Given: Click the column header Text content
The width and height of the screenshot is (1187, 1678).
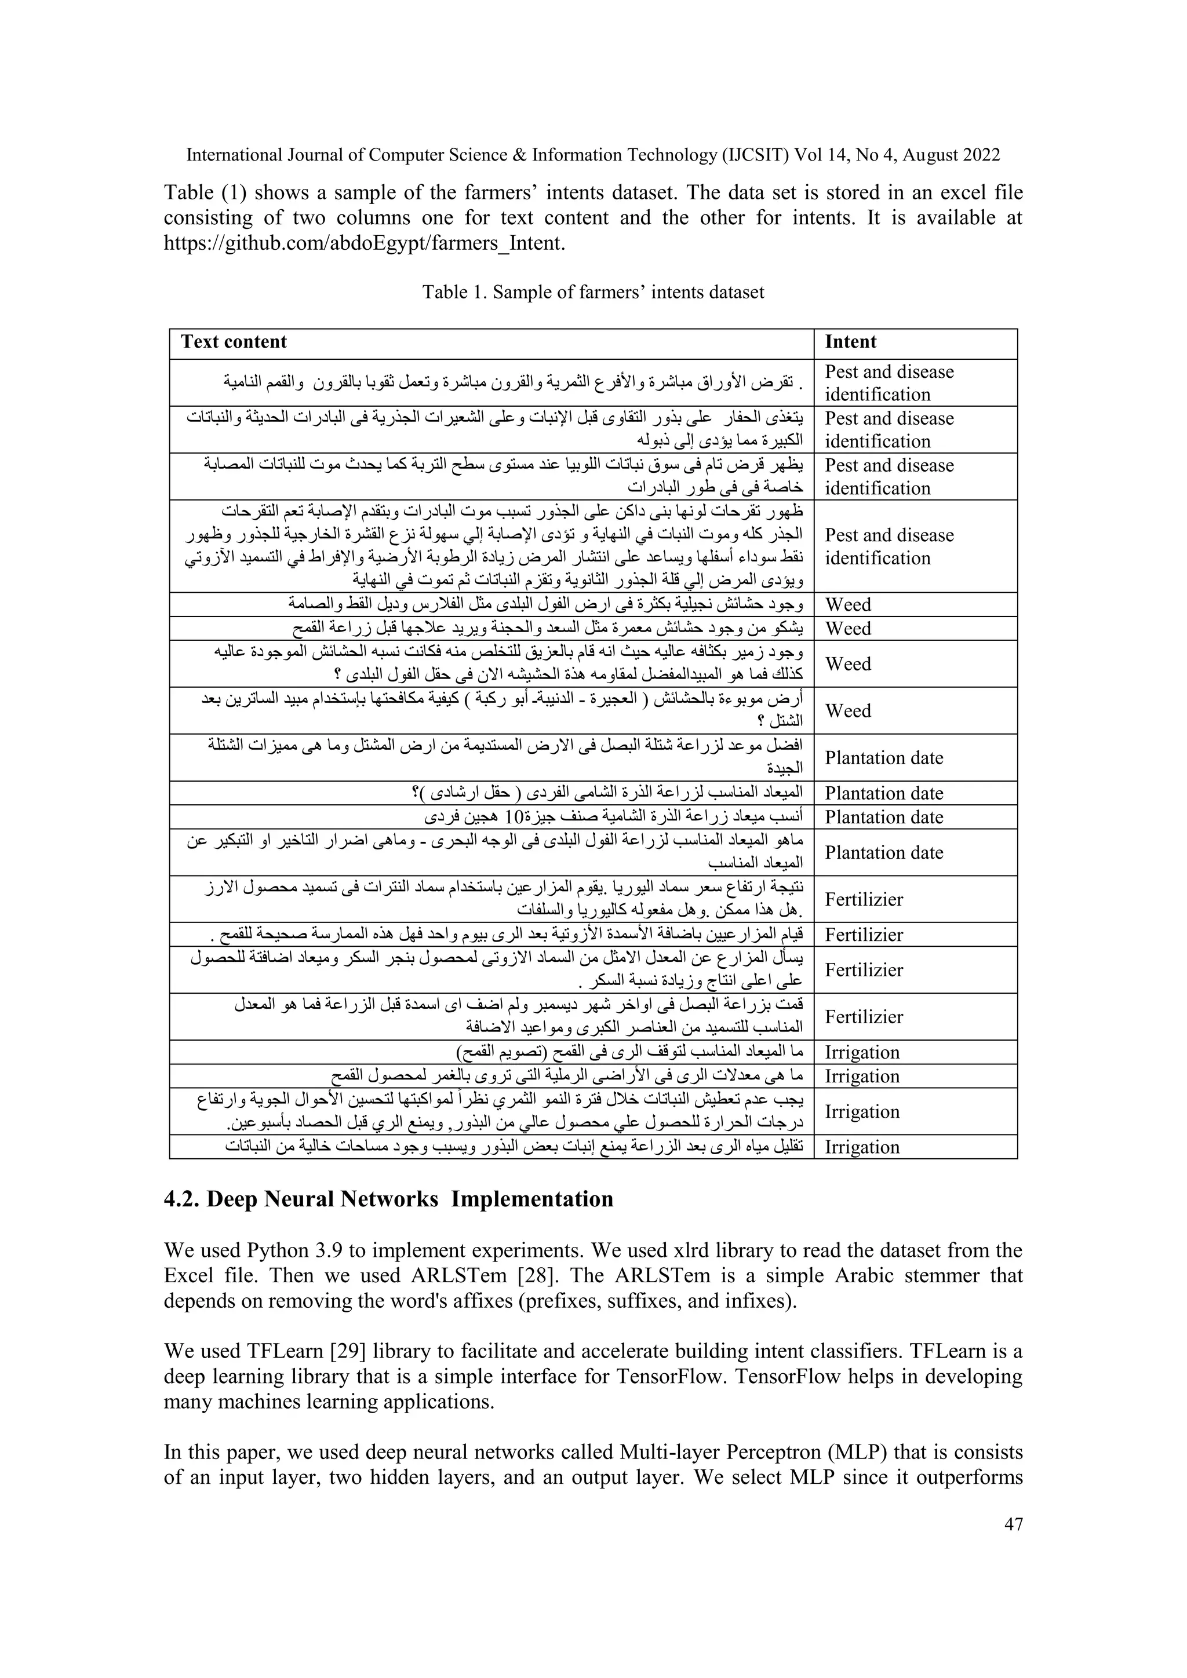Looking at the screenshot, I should point(234,342).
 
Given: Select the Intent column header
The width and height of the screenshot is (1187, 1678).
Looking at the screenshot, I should point(850,342).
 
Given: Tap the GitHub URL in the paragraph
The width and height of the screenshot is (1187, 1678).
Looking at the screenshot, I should point(364,243).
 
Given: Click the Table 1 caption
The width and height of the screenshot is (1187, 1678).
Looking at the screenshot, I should point(593,293).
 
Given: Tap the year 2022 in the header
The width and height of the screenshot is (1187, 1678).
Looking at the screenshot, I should point(980,155).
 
